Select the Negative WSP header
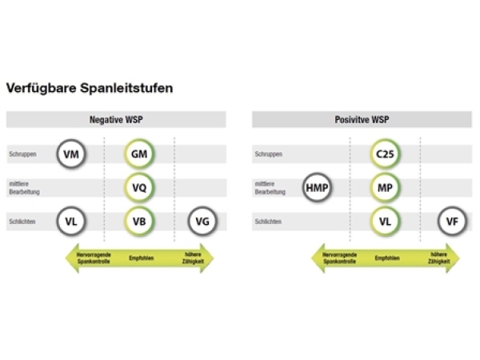[116, 119]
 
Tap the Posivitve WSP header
[362, 119]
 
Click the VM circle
[71, 154]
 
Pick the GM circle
[139, 154]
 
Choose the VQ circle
[139, 187]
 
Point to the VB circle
[139, 221]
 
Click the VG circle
[203, 221]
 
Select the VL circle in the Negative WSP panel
[71, 221]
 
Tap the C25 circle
[385, 154]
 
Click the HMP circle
[317, 187]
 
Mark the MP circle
[385, 187]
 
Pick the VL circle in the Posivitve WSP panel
[385, 221]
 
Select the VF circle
[453, 221]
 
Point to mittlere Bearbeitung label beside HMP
[269, 188]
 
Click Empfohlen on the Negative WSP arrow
[141, 258]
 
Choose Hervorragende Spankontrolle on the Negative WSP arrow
[92, 258]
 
